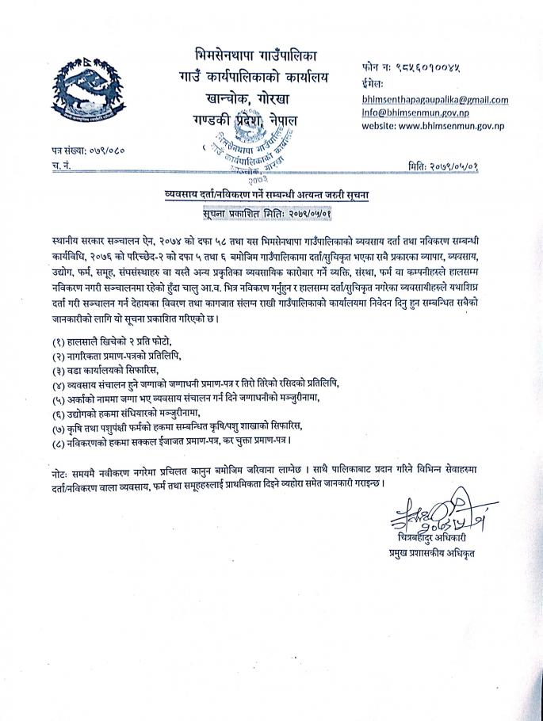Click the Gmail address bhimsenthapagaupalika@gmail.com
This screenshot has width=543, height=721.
click(x=434, y=100)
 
